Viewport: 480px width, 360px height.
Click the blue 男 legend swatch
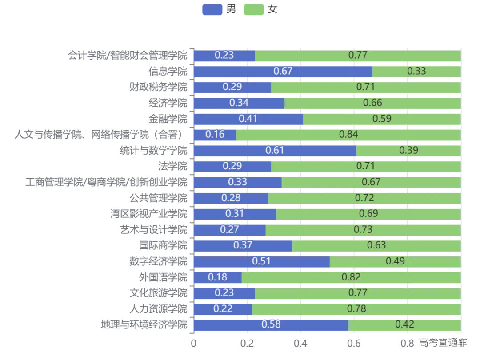tap(212, 9)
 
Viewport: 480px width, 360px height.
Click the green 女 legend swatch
tap(254, 9)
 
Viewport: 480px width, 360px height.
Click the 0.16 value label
tap(215, 135)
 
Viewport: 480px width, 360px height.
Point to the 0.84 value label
tap(348, 135)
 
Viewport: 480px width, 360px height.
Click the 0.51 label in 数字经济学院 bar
tap(261, 261)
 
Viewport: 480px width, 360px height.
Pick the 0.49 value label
tap(395, 261)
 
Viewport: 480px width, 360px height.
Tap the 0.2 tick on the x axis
tap(247, 343)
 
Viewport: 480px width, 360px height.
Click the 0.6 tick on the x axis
tap(354, 343)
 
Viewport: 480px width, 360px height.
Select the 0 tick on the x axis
tap(193, 343)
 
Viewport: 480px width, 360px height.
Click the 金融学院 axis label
tap(168, 119)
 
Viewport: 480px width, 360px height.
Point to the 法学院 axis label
tap(173, 166)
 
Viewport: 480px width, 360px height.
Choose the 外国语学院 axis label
tap(163, 277)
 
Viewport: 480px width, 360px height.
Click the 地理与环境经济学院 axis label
tap(144, 324)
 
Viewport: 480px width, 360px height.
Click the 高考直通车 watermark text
tap(443, 342)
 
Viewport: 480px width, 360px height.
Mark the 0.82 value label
tap(351, 277)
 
